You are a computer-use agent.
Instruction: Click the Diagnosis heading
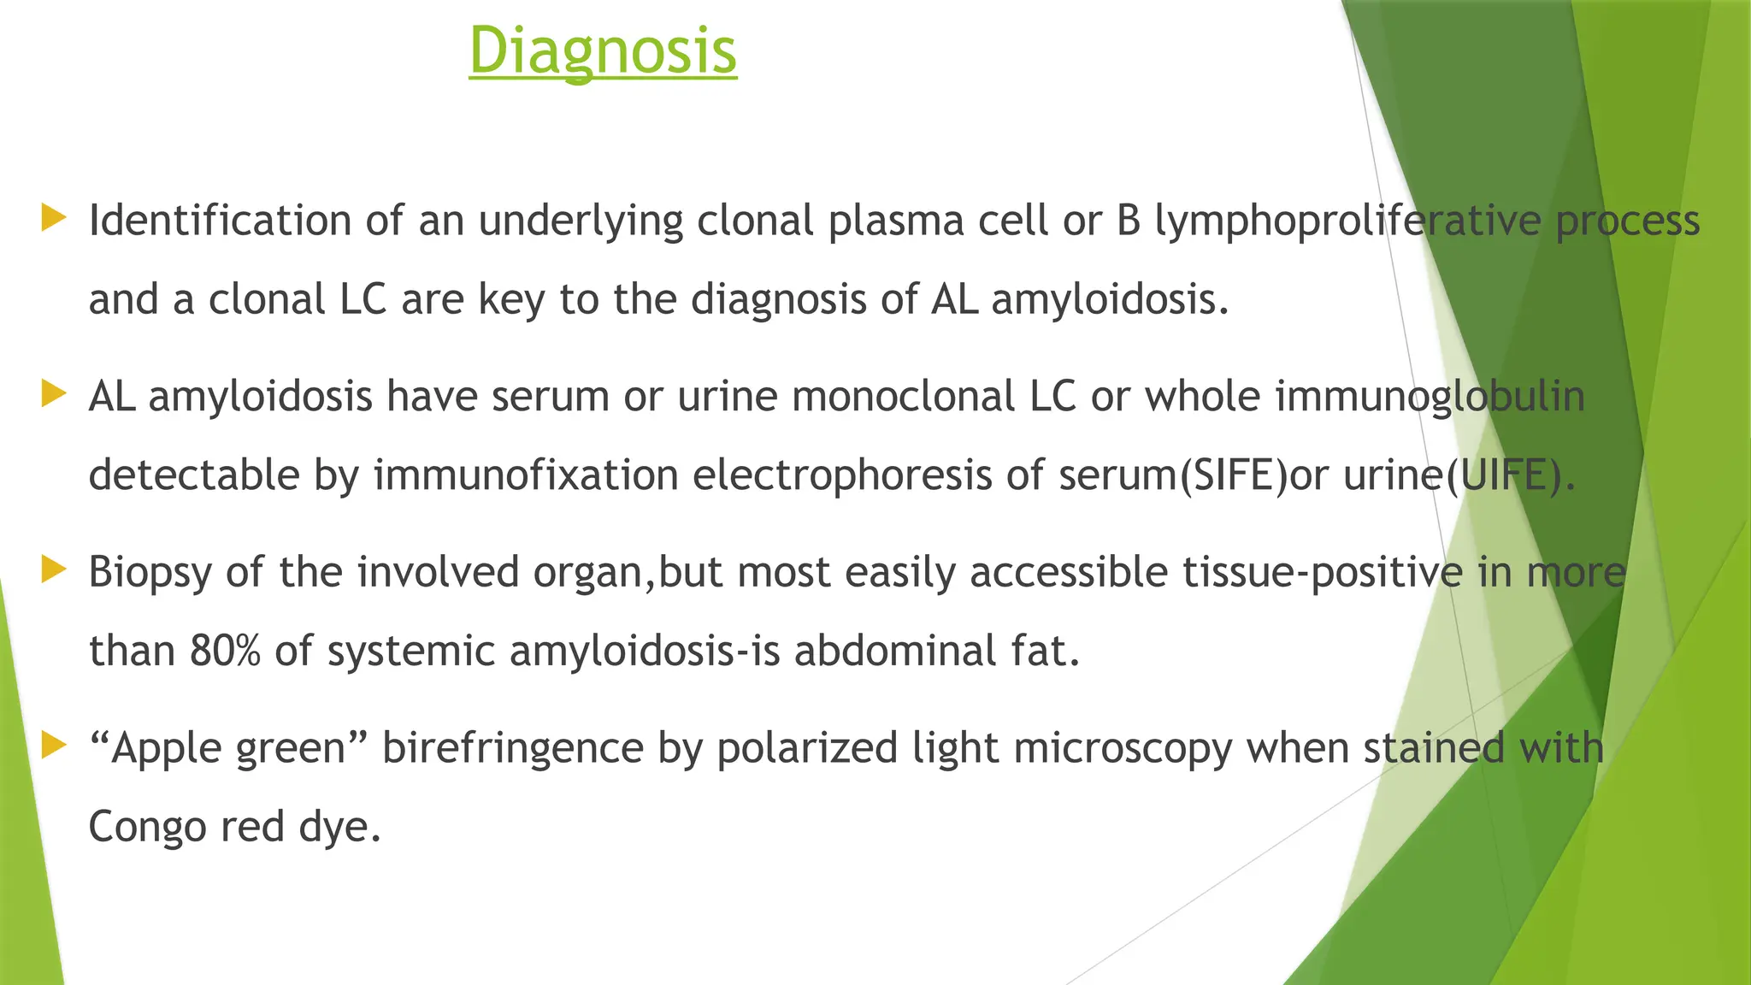(603, 51)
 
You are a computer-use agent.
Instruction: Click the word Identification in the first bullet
(220, 221)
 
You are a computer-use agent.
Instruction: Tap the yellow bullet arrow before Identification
(53, 218)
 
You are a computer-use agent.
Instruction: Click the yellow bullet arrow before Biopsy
(53, 569)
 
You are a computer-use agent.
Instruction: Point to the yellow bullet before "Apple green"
(53, 746)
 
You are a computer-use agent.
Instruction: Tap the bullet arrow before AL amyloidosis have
(53, 394)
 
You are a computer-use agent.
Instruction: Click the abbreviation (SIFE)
(1232, 475)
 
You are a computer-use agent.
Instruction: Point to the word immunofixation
(526, 475)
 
